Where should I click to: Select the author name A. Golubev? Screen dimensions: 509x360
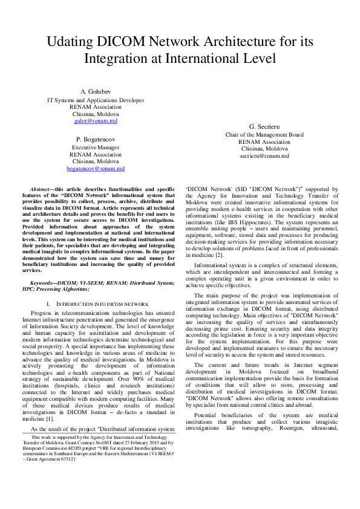[x=96, y=91]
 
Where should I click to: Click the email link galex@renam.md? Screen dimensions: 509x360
[x=96, y=121]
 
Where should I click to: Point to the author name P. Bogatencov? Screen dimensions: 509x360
[x=96, y=139]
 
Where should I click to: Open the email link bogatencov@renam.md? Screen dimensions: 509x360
[x=96, y=169]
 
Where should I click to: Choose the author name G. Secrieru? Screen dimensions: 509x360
[x=264, y=126]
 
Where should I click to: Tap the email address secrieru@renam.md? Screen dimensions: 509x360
[x=264, y=156]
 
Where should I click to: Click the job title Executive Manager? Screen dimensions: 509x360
[x=96, y=147]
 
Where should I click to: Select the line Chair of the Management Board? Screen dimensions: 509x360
[x=264, y=134]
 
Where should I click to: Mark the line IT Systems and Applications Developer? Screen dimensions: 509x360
[x=96, y=99]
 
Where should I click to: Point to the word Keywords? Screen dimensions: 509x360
[x=44, y=282]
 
